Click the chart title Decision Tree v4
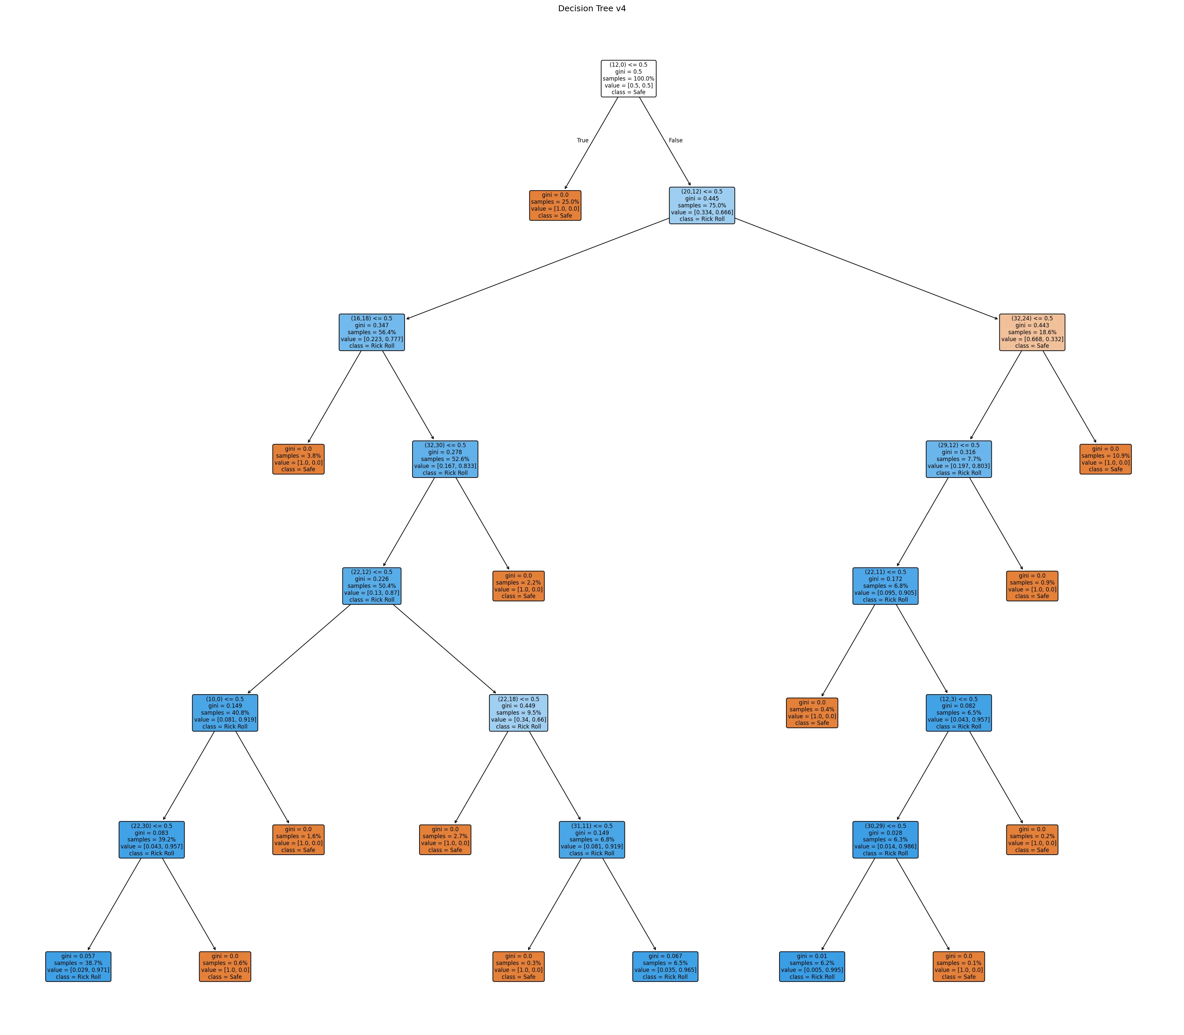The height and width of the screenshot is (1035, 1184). (592, 9)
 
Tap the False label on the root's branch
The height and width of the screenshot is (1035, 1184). (675, 140)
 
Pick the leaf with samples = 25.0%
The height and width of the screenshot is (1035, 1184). (555, 206)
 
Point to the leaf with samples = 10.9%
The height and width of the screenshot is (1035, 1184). (1105, 459)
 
